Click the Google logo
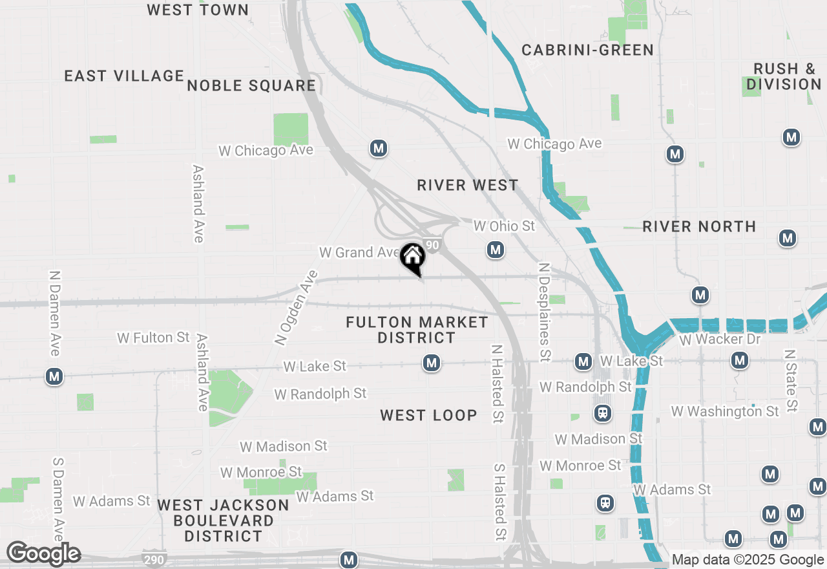43,554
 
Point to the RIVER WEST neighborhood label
467,186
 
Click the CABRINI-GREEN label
587,50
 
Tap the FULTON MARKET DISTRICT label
417,330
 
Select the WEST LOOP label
428,415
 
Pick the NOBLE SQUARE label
251,85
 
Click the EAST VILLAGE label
125,76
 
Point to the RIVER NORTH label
699,226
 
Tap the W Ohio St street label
505,226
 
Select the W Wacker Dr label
720,339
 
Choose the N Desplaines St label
545,312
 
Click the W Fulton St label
153,338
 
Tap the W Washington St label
725,411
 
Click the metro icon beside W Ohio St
496,250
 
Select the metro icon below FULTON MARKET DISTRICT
432,363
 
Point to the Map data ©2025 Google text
748,560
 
